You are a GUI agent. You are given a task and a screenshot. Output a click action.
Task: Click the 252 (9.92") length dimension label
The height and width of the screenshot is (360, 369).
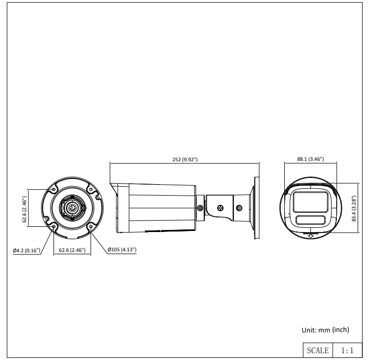185,160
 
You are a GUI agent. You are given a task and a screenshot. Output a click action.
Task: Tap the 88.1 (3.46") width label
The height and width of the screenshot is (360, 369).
310,159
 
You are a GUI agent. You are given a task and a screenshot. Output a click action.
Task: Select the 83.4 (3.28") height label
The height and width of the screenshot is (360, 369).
354,208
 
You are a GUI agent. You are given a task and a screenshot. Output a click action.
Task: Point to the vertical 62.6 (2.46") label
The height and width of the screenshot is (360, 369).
24,209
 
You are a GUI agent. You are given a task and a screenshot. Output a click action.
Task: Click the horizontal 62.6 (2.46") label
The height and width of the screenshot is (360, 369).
72,250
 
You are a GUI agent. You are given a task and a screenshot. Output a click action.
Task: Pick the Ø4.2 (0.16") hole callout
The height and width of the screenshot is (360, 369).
27,250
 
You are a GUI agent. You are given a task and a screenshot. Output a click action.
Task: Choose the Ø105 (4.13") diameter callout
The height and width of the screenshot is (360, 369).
122,250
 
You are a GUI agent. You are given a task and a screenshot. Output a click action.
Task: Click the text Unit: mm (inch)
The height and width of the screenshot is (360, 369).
325,330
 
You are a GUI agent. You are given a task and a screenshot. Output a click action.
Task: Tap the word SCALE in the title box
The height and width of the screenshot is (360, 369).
318,350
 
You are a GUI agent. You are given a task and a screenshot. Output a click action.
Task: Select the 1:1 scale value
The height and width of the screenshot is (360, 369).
347,351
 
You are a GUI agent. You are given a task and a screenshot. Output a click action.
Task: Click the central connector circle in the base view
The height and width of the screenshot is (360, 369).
72,208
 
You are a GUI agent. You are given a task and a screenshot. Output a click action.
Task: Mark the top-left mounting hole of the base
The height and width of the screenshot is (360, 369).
54,189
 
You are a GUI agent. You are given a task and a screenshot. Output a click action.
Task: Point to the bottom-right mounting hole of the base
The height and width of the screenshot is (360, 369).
91,227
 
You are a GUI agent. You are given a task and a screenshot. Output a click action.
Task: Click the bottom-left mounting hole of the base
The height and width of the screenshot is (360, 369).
54,227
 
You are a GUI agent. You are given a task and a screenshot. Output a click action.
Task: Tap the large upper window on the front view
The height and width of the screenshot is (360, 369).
310,202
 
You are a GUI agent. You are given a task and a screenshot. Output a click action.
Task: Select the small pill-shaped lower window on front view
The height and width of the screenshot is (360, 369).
311,220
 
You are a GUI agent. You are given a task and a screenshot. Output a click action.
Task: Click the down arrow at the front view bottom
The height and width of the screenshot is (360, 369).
311,235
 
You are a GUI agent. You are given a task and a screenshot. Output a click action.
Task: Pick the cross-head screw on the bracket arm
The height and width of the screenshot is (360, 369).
220,208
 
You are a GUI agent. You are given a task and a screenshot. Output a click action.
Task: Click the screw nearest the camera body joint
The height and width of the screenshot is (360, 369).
200,208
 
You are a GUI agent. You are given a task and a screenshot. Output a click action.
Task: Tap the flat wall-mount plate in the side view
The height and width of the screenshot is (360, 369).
257,208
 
